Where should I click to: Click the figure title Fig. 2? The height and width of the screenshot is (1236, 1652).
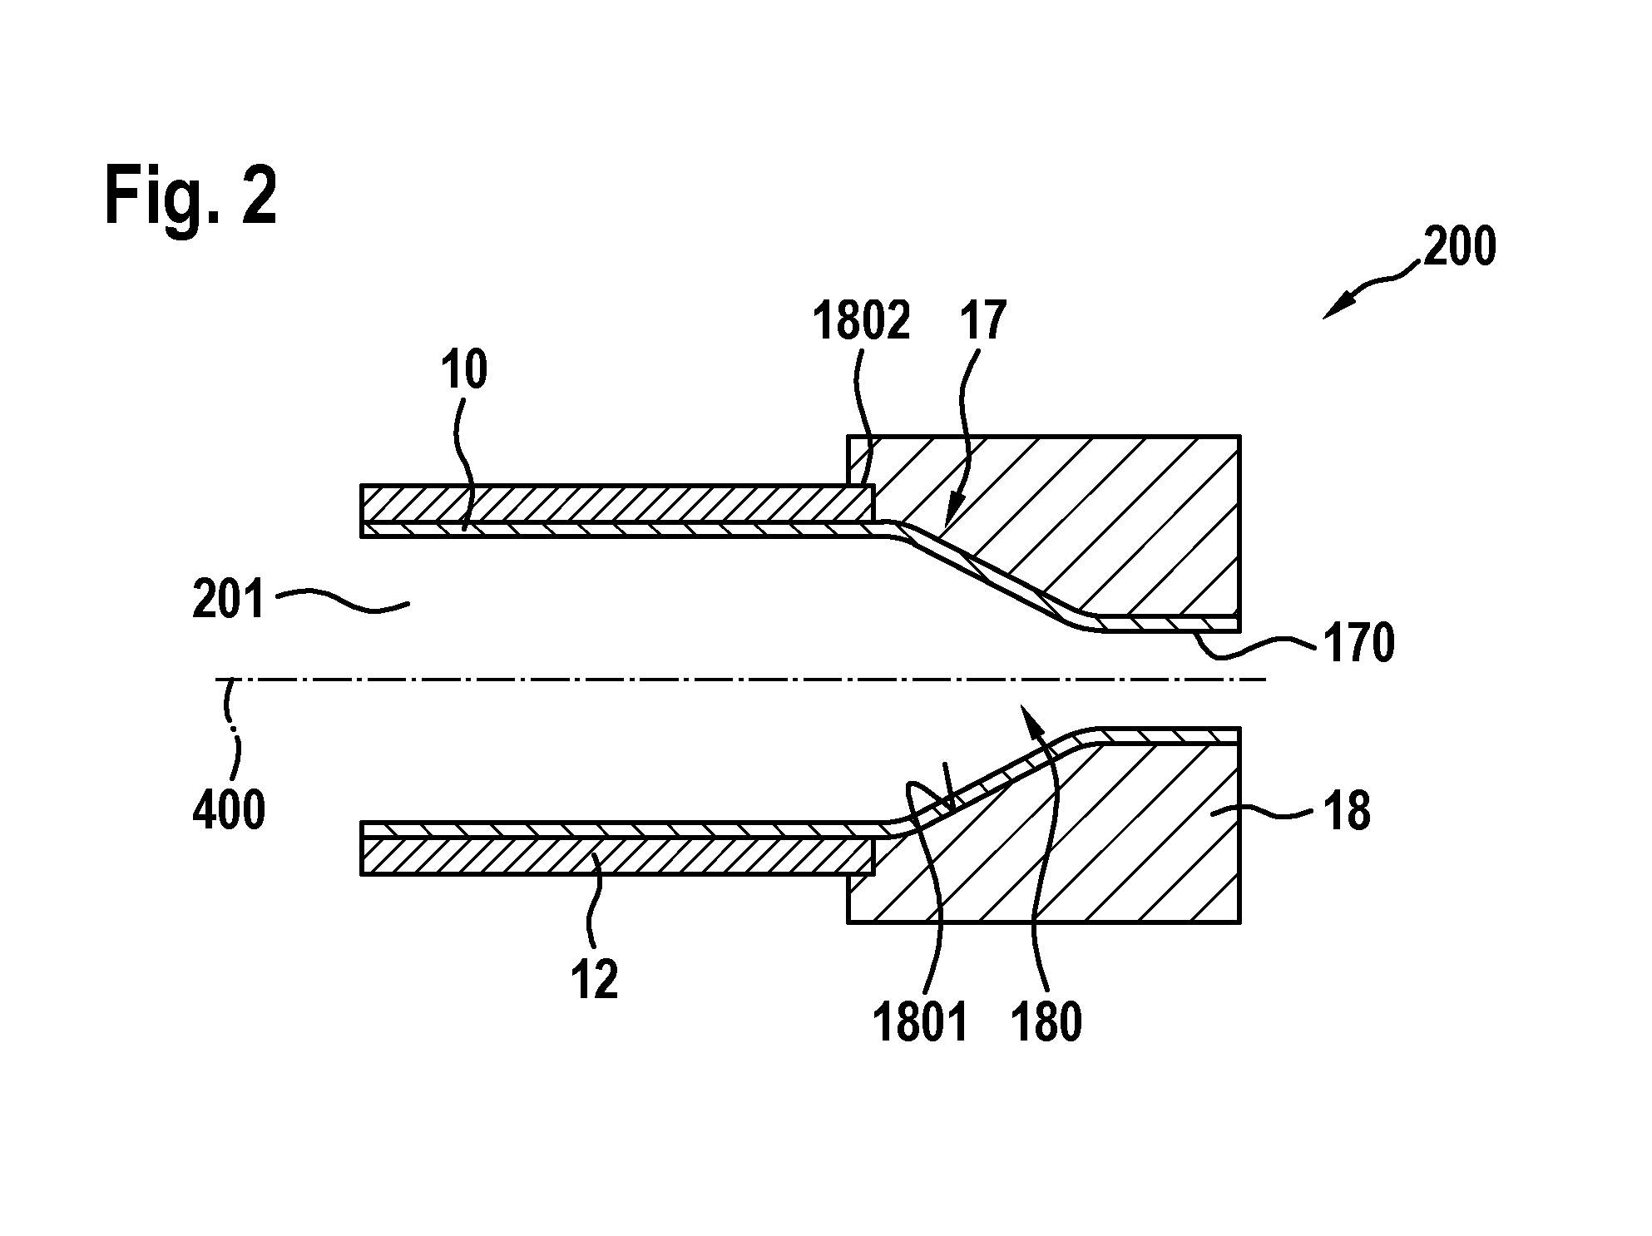pyautogui.click(x=190, y=197)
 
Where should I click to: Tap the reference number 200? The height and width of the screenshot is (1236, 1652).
pyautogui.click(x=1460, y=247)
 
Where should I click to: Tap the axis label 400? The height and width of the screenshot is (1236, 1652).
pyautogui.click(x=229, y=810)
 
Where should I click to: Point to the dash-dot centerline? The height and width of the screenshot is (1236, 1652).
pyautogui.click(x=740, y=680)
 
